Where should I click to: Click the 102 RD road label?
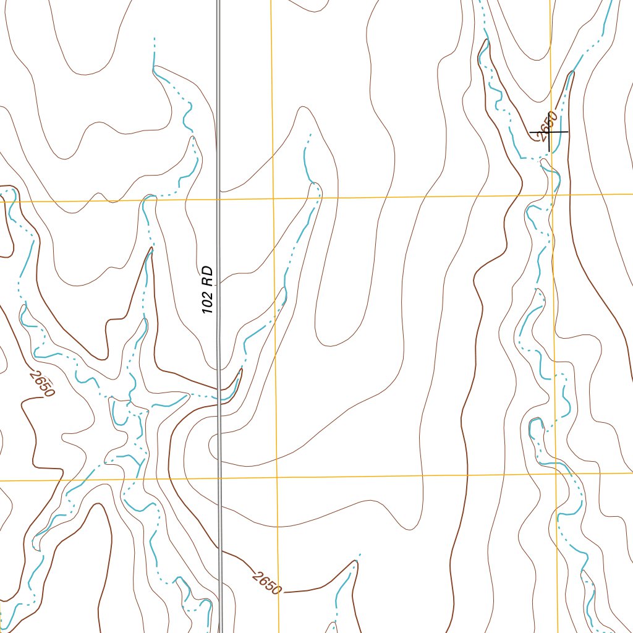tap(208, 289)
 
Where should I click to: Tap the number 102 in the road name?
tap(208, 301)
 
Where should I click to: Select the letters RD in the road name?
tap(208, 273)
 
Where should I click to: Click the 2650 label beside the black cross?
tap(547, 125)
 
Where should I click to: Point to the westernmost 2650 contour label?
tap(42, 384)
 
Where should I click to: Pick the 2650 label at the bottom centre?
tap(267, 582)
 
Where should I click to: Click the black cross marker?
tap(549, 132)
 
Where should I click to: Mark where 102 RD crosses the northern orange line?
tap(218, 199)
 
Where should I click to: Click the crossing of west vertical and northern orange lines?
tap(273, 198)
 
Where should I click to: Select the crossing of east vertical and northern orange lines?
tap(553, 195)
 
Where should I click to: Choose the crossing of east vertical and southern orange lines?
tap(557, 474)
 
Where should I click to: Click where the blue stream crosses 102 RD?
tap(219, 393)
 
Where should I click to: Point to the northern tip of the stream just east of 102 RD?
tap(309, 134)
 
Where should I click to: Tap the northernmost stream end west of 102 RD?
tap(154, 38)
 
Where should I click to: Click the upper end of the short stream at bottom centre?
tap(360, 554)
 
